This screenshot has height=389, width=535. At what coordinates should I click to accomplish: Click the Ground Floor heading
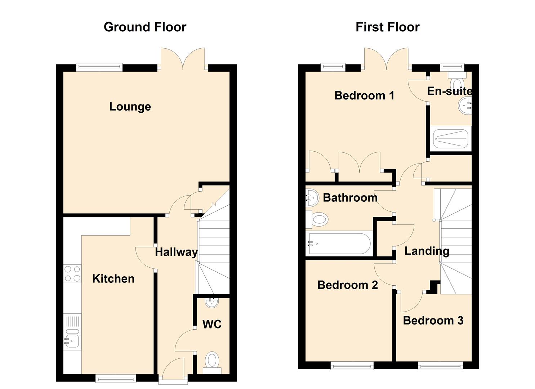pyautogui.click(x=145, y=27)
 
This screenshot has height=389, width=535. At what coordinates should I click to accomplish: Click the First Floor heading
pyautogui.click(x=388, y=27)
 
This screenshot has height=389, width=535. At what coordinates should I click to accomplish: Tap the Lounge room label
pyautogui.click(x=130, y=107)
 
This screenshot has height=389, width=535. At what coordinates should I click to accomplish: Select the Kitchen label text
pyautogui.click(x=113, y=279)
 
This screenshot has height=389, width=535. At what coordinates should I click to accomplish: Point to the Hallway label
pyautogui.click(x=176, y=252)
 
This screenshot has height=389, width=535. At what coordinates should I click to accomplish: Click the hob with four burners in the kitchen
pyautogui.click(x=72, y=274)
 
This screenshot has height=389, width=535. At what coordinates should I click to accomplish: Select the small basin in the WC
pyautogui.click(x=211, y=303)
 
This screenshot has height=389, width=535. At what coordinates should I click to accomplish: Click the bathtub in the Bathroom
pyautogui.click(x=339, y=243)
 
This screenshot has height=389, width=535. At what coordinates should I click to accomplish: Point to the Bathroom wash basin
pyautogui.click(x=312, y=197)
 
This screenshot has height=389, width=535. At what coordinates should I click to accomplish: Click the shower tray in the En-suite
pyautogui.click(x=451, y=139)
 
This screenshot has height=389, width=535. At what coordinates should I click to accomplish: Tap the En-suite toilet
pyautogui.click(x=457, y=81)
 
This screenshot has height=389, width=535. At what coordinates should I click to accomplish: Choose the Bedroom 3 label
pyautogui.click(x=433, y=321)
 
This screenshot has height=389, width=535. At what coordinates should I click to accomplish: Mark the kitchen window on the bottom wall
pyautogui.click(x=116, y=378)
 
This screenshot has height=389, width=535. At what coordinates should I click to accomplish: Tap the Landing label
pyautogui.click(x=427, y=251)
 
